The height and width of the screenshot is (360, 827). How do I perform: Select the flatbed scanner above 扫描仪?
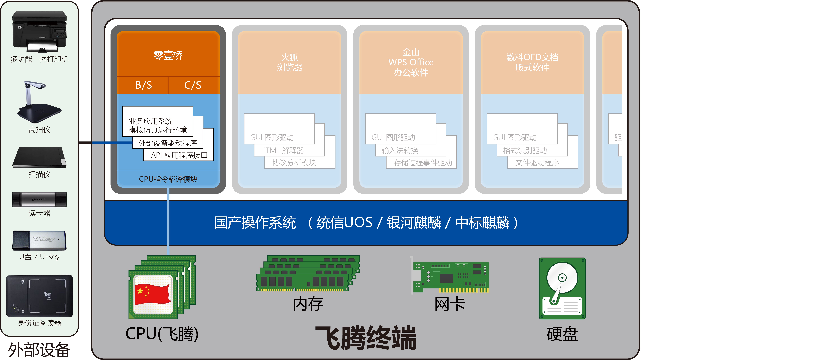coord(39,158)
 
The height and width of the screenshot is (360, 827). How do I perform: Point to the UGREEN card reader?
coord(39,200)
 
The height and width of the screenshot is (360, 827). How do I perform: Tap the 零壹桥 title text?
coord(168,55)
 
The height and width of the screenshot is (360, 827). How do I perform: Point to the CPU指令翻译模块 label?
coord(168,179)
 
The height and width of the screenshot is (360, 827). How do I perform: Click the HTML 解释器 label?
coord(282,150)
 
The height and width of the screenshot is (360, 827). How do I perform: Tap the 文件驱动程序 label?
coord(537,163)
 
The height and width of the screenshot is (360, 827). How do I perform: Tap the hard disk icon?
coord(562,288)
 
